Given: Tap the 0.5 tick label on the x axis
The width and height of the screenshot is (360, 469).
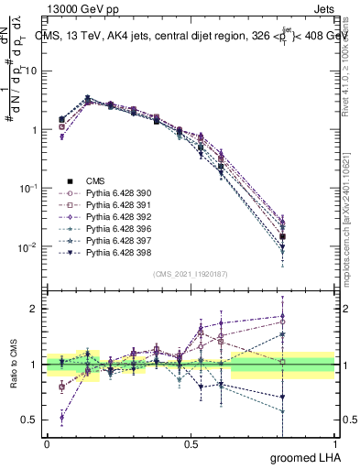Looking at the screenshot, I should (191, 445).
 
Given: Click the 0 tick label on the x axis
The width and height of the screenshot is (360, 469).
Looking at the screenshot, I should (47, 445).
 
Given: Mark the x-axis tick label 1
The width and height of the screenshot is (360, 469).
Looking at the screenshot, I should (335, 445).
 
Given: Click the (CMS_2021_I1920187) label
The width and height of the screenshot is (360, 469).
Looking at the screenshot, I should (191, 274).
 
